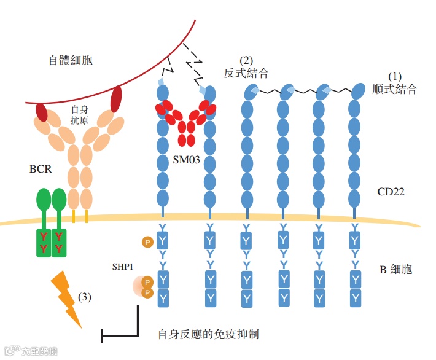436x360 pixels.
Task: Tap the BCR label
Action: coord(41,169)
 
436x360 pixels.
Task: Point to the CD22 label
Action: coord(391,192)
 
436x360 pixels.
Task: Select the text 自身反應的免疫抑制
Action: coord(208,334)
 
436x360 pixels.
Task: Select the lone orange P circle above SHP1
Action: coord(147,242)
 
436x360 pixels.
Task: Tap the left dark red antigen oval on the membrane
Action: coord(42,112)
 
